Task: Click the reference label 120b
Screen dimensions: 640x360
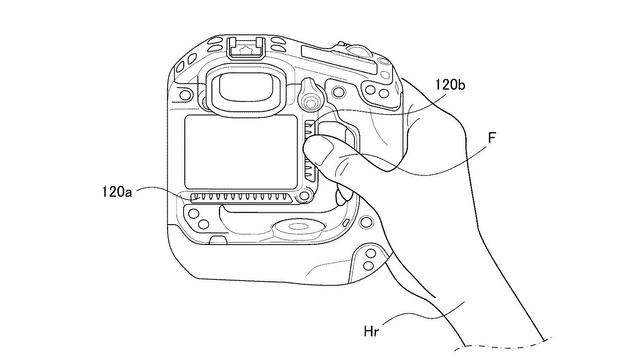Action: click(450, 84)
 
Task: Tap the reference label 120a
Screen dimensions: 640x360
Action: click(117, 191)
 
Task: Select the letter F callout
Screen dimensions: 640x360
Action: click(492, 138)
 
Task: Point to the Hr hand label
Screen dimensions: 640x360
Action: click(371, 331)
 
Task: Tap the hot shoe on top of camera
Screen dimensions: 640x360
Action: click(247, 48)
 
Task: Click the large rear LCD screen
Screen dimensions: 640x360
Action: click(241, 152)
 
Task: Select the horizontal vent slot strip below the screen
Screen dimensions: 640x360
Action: click(242, 198)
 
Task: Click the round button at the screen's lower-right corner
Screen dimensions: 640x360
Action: click(304, 196)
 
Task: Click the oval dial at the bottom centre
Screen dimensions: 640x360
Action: click(299, 227)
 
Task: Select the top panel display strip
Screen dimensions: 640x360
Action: click(339, 60)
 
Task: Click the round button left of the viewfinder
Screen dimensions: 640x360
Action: click(185, 95)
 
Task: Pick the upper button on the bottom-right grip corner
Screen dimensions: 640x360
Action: click(371, 254)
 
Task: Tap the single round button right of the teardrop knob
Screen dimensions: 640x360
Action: click(338, 92)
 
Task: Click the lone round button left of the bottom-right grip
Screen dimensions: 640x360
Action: click(366, 222)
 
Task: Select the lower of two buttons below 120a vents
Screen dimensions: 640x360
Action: click(204, 224)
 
